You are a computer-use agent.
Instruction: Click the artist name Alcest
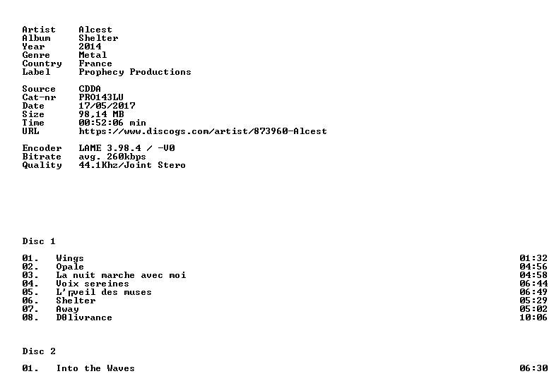(x=95, y=30)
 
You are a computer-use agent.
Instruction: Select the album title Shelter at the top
(x=98, y=38)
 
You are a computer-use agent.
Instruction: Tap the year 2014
(x=90, y=47)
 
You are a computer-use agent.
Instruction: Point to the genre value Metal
(x=93, y=55)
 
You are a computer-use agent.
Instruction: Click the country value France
(x=95, y=64)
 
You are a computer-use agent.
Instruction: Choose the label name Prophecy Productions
(x=135, y=72)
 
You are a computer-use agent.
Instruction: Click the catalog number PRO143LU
(x=101, y=97)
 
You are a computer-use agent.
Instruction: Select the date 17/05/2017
(x=107, y=106)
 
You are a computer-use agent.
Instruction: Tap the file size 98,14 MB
(x=101, y=114)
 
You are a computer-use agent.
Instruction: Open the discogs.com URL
(x=203, y=131)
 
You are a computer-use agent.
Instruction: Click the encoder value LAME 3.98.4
(x=110, y=148)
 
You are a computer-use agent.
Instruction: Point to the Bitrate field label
(x=42, y=157)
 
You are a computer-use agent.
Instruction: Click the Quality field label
(x=42, y=165)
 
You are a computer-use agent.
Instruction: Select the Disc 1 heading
(x=39, y=241)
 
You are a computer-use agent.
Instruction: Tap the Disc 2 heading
(x=39, y=351)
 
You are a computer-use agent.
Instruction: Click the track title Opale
(x=70, y=267)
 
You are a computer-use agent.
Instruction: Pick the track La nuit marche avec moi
(x=121, y=275)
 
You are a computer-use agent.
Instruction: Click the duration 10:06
(x=534, y=317)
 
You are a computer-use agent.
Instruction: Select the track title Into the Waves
(x=95, y=368)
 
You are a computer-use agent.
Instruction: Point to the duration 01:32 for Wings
(x=534, y=258)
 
